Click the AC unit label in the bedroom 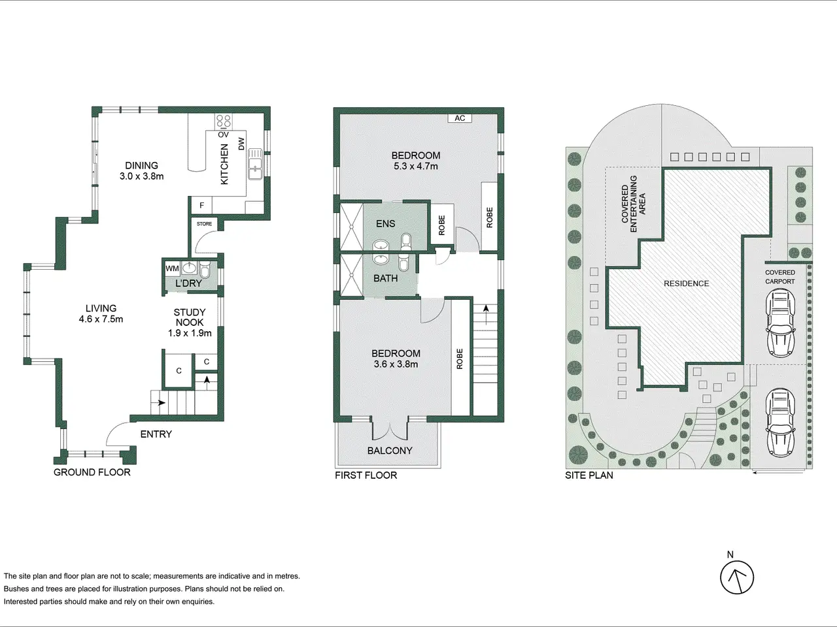tap(460, 118)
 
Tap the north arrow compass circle tap(737, 578)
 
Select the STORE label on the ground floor tap(204, 224)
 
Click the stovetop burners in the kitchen tap(224, 121)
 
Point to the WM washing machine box tap(173, 268)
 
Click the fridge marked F tap(201, 206)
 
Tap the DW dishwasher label tap(241, 144)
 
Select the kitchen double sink tap(255, 164)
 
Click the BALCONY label tap(390, 451)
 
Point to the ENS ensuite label tap(386, 223)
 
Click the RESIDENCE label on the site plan tap(687, 283)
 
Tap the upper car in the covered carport tap(780, 323)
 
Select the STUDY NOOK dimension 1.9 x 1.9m tap(190, 333)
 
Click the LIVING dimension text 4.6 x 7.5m tap(101, 319)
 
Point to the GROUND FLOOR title tap(92, 472)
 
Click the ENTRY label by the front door tap(156, 434)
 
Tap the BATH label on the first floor tap(386, 278)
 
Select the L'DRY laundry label tap(188, 283)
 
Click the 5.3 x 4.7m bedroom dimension tap(416, 167)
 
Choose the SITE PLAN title tap(589, 475)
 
